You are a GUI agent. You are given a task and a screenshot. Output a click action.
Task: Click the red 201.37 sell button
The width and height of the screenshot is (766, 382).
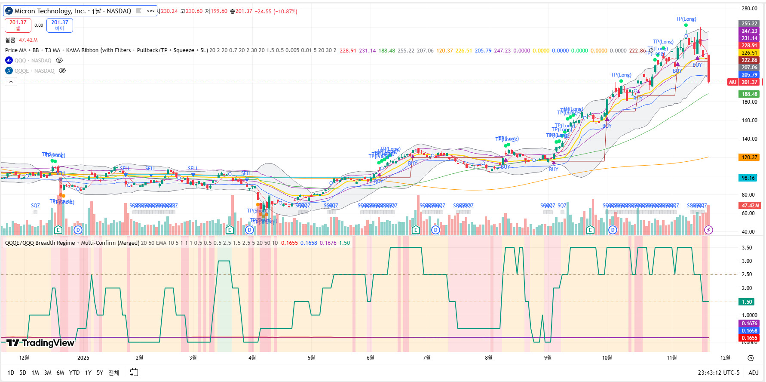[x=18, y=25]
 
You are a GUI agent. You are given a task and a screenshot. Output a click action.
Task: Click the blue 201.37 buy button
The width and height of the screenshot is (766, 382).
[x=60, y=25]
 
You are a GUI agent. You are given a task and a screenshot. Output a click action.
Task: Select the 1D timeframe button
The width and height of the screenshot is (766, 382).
[x=11, y=373]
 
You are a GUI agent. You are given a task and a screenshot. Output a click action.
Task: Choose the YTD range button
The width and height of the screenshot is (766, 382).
[x=74, y=373]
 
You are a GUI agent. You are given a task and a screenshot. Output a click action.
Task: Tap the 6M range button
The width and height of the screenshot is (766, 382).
[x=60, y=373]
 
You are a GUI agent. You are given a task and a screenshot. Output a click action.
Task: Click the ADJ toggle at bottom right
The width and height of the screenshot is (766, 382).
[x=753, y=373]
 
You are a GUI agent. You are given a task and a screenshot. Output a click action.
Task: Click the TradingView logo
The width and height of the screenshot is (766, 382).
[x=40, y=343]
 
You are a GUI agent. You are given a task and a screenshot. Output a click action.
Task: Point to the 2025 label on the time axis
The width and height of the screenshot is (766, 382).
[x=83, y=358]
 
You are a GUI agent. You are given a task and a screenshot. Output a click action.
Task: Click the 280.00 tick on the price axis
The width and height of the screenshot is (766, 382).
[x=749, y=9]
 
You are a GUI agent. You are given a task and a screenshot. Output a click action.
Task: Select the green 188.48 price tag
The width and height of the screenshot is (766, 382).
[x=749, y=94]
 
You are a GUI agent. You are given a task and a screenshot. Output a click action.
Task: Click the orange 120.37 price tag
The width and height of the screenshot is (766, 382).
[x=749, y=157]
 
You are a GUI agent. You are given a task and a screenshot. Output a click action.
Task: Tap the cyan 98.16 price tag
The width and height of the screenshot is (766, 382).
[x=748, y=178]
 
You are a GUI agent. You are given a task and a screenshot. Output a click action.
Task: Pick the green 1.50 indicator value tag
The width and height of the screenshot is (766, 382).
[x=747, y=302]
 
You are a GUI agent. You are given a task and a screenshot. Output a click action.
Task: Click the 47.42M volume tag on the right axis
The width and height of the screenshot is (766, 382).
[x=749, y=206]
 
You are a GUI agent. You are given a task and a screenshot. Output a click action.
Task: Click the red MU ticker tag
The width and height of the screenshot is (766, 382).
[x=732, y=82]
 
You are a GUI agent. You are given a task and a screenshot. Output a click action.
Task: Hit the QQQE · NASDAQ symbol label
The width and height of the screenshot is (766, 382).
[x=34, y=71]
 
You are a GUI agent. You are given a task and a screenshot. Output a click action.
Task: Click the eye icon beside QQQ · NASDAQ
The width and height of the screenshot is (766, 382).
[x=59, y=61]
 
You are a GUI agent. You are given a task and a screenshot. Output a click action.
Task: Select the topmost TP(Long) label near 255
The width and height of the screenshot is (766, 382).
[x=686, y=19]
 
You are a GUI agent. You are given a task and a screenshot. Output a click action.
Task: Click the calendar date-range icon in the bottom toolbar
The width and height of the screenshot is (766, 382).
[x=134, y=373]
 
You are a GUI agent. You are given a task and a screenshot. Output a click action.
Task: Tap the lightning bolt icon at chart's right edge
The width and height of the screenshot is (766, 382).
[x=709, y=230]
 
